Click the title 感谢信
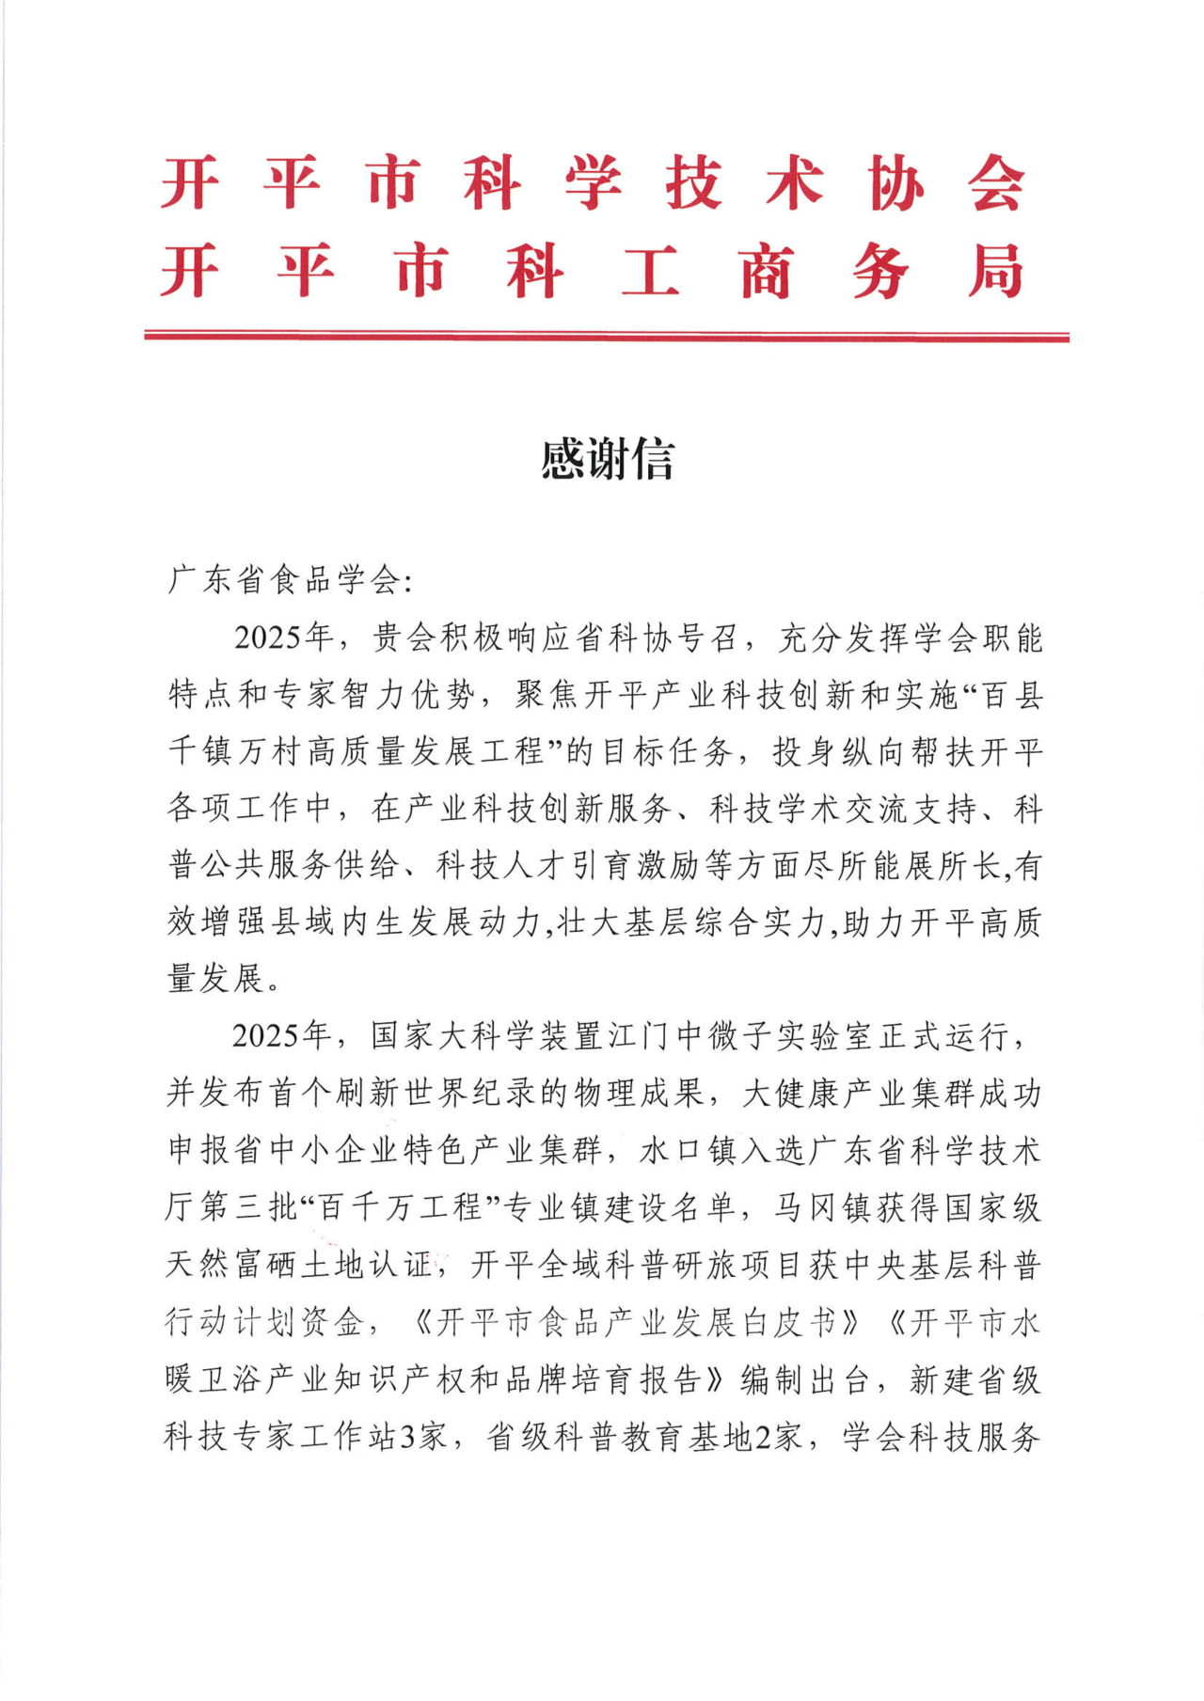[607, 460]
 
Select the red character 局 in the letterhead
[995, 272]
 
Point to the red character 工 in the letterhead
[650, 272]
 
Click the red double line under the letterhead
[607, 336]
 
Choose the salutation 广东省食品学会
[282, 580]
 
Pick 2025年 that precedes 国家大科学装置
[282, 1036]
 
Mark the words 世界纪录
[470, 1094]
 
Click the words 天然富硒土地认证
[299, 1266]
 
